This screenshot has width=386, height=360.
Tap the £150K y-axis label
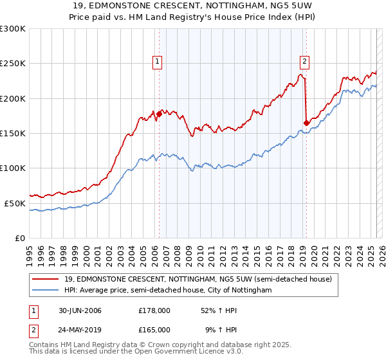click(13, 133)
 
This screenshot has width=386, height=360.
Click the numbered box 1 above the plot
click(158, 62)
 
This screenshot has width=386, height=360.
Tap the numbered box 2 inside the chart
click(304, 62)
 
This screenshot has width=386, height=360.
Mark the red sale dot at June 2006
click(159, 114)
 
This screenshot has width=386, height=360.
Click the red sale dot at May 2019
click(306, 123)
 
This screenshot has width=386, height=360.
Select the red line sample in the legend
click(46, 280)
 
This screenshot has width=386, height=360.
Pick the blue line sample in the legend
click(46, 291)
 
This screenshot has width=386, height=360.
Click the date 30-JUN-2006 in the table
click(79, 310)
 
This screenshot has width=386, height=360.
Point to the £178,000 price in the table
click(154, 310)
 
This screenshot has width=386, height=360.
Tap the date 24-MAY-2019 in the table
click(80, 330)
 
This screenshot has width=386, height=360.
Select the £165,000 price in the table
click(154, 330)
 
